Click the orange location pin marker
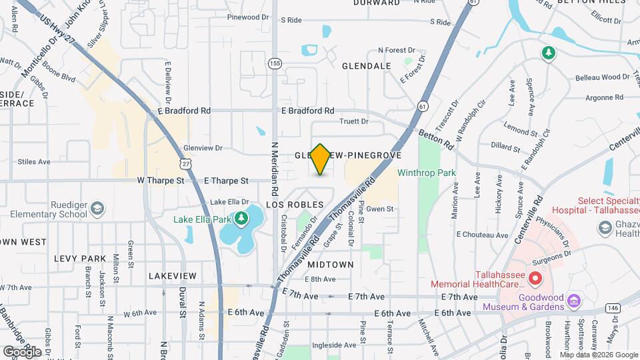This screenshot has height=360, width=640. tap(321, 159)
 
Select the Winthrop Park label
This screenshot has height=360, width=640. tap(426, 173)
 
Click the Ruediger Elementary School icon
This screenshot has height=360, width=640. tap(98, 209)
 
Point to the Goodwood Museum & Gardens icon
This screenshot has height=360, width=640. tap(573, 302)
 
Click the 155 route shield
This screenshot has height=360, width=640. tap(275, 63)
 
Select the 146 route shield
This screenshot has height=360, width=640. tap(613, 307)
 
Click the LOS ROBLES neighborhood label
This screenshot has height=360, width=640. tap(295, 204)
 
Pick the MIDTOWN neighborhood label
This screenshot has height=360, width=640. tap(330, 264)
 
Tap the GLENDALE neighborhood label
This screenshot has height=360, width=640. tap(366, 66)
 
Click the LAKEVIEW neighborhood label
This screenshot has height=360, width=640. tap(172, 275)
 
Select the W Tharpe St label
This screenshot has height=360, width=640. tap(160, 180)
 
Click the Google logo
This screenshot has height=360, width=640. tap(22, 351)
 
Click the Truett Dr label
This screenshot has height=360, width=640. tap(354, 121)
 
